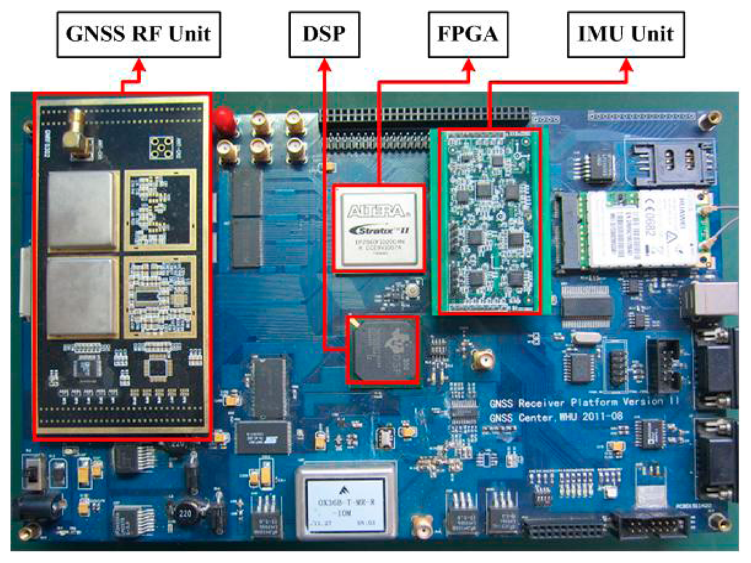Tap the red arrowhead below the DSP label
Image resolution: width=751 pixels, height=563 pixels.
[x=323, y=65]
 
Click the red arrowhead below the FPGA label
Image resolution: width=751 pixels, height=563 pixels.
[x=470, y=65]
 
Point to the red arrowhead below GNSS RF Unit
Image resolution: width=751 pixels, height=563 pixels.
[x=139, y=65]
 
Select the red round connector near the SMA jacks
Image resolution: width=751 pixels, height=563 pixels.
[x=224, y=119]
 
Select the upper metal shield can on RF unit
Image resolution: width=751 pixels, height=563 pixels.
[x=81, y=208]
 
